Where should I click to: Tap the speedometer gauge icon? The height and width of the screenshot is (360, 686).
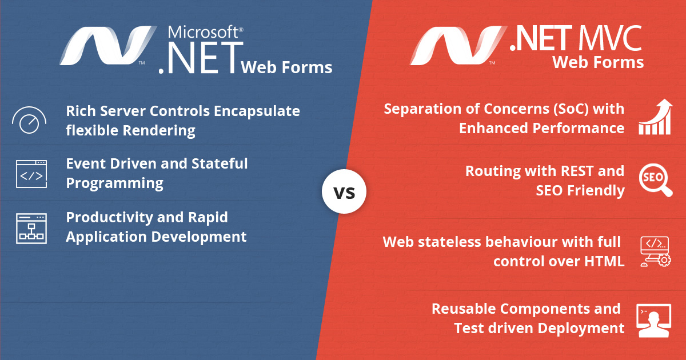point(29,120)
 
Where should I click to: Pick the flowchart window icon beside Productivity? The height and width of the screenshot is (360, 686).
point(31,229)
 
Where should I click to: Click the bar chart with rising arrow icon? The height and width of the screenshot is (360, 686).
point(655,118)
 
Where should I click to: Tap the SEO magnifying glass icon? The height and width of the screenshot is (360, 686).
point(655,179)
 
